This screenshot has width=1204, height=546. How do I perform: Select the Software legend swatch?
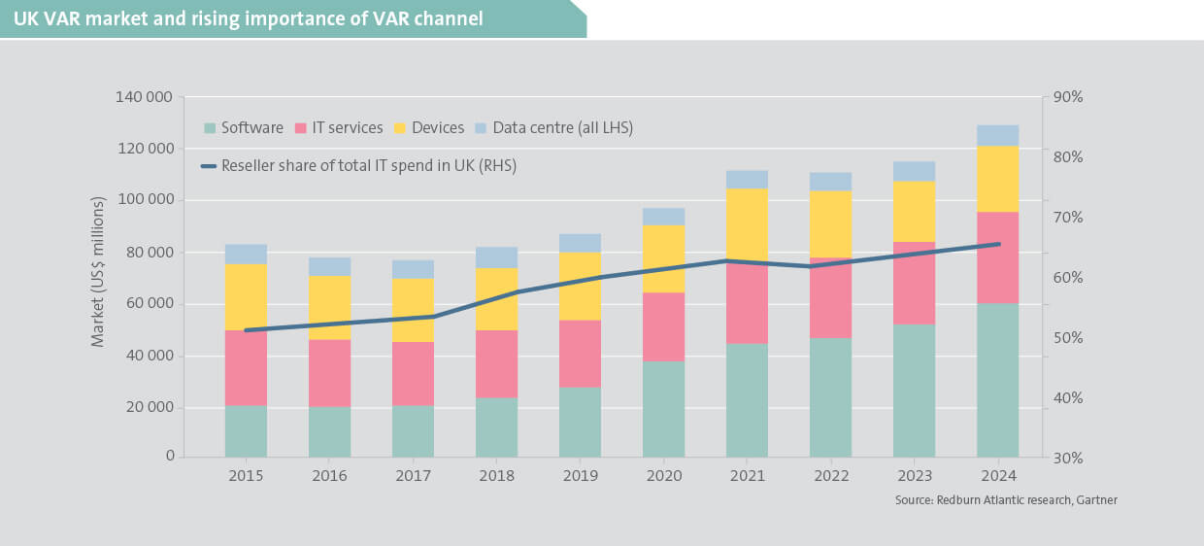click(210, 128)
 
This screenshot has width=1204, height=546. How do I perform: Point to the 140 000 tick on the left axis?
click(145, 97)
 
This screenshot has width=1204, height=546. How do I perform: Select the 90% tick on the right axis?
click(1068, 97)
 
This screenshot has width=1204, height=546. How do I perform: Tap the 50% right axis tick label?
click(1068, 338)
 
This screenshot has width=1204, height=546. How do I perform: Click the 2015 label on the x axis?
click(246, 476)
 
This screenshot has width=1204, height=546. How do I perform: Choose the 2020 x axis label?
click(664, 476)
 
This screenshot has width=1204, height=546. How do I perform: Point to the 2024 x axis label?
click(998, 476)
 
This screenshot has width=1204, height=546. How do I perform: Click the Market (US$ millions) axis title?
click(98, 277)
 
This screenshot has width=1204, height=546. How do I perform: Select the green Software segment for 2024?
click(998, 380)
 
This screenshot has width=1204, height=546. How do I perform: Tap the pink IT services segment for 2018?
click(496, 364)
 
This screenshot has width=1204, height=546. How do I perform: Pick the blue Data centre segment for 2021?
click(748, 179)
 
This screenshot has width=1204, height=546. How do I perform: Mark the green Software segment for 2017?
click(413, 431)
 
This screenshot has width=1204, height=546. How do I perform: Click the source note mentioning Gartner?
click(1006, 500)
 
